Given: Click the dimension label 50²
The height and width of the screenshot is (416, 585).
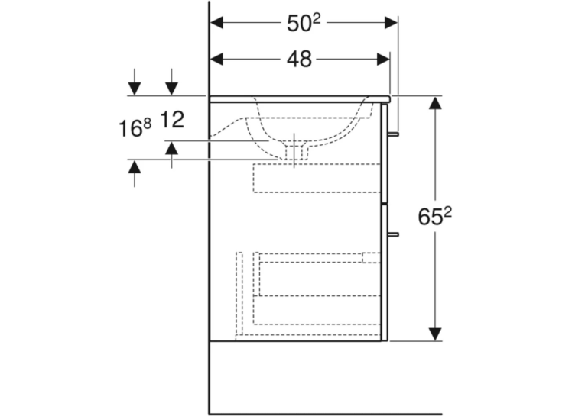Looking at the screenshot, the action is (x=304, y=23).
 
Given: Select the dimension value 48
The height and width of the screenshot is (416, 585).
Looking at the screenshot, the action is (x=299, y=59).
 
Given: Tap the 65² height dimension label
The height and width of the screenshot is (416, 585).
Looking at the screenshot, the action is (x=434, y=216).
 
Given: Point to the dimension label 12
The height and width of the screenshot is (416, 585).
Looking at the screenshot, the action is (x=172, y=120).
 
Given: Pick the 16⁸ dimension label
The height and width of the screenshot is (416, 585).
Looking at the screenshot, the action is (x=135, y=127).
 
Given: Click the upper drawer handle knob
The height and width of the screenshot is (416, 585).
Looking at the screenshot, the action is (x=393, y=134).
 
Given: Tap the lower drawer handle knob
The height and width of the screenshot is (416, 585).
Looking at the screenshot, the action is (x=393, y=234).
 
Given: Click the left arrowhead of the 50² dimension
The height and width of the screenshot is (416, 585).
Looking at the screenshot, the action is (x=216, y=22).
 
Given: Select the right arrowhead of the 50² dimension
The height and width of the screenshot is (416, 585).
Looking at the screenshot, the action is (x=391, y=22).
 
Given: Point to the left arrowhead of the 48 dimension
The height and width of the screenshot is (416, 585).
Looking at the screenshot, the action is (x=216, y=59).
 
